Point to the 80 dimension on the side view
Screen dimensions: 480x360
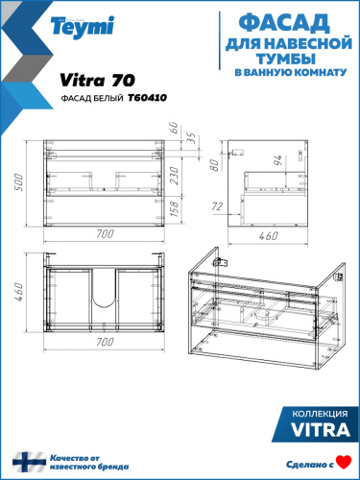(x=217, y=162)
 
